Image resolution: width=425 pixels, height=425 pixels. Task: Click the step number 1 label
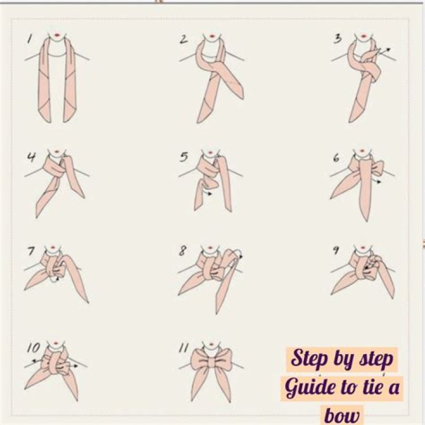click(30, 38)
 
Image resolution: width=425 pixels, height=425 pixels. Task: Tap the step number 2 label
click(184, 39)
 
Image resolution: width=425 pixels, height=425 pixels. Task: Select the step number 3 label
click(338, 39)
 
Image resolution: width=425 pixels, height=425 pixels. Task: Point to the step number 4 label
click(31, 157)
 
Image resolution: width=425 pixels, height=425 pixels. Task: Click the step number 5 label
click(184, 157)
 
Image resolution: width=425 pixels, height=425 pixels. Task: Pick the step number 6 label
click(336, 158)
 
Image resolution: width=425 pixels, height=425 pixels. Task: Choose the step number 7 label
click(31, 251)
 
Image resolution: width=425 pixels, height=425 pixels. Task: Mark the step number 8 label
click(182, 251)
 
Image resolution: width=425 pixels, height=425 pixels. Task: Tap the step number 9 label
click(336, 250)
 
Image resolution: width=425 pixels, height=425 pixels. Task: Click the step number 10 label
click(33, 348)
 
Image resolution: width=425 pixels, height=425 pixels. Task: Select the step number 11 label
click(184, 348)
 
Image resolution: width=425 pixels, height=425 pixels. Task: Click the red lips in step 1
click(57, 35)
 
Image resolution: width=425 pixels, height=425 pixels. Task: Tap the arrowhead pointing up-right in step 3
click(388, 50)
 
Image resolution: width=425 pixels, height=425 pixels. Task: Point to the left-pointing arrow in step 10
click(37, 361)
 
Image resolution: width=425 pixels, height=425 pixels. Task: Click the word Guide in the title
click(309, 388)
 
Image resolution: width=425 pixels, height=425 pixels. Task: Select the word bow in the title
click(342, 415)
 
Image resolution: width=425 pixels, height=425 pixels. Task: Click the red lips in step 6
click(362, 151)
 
